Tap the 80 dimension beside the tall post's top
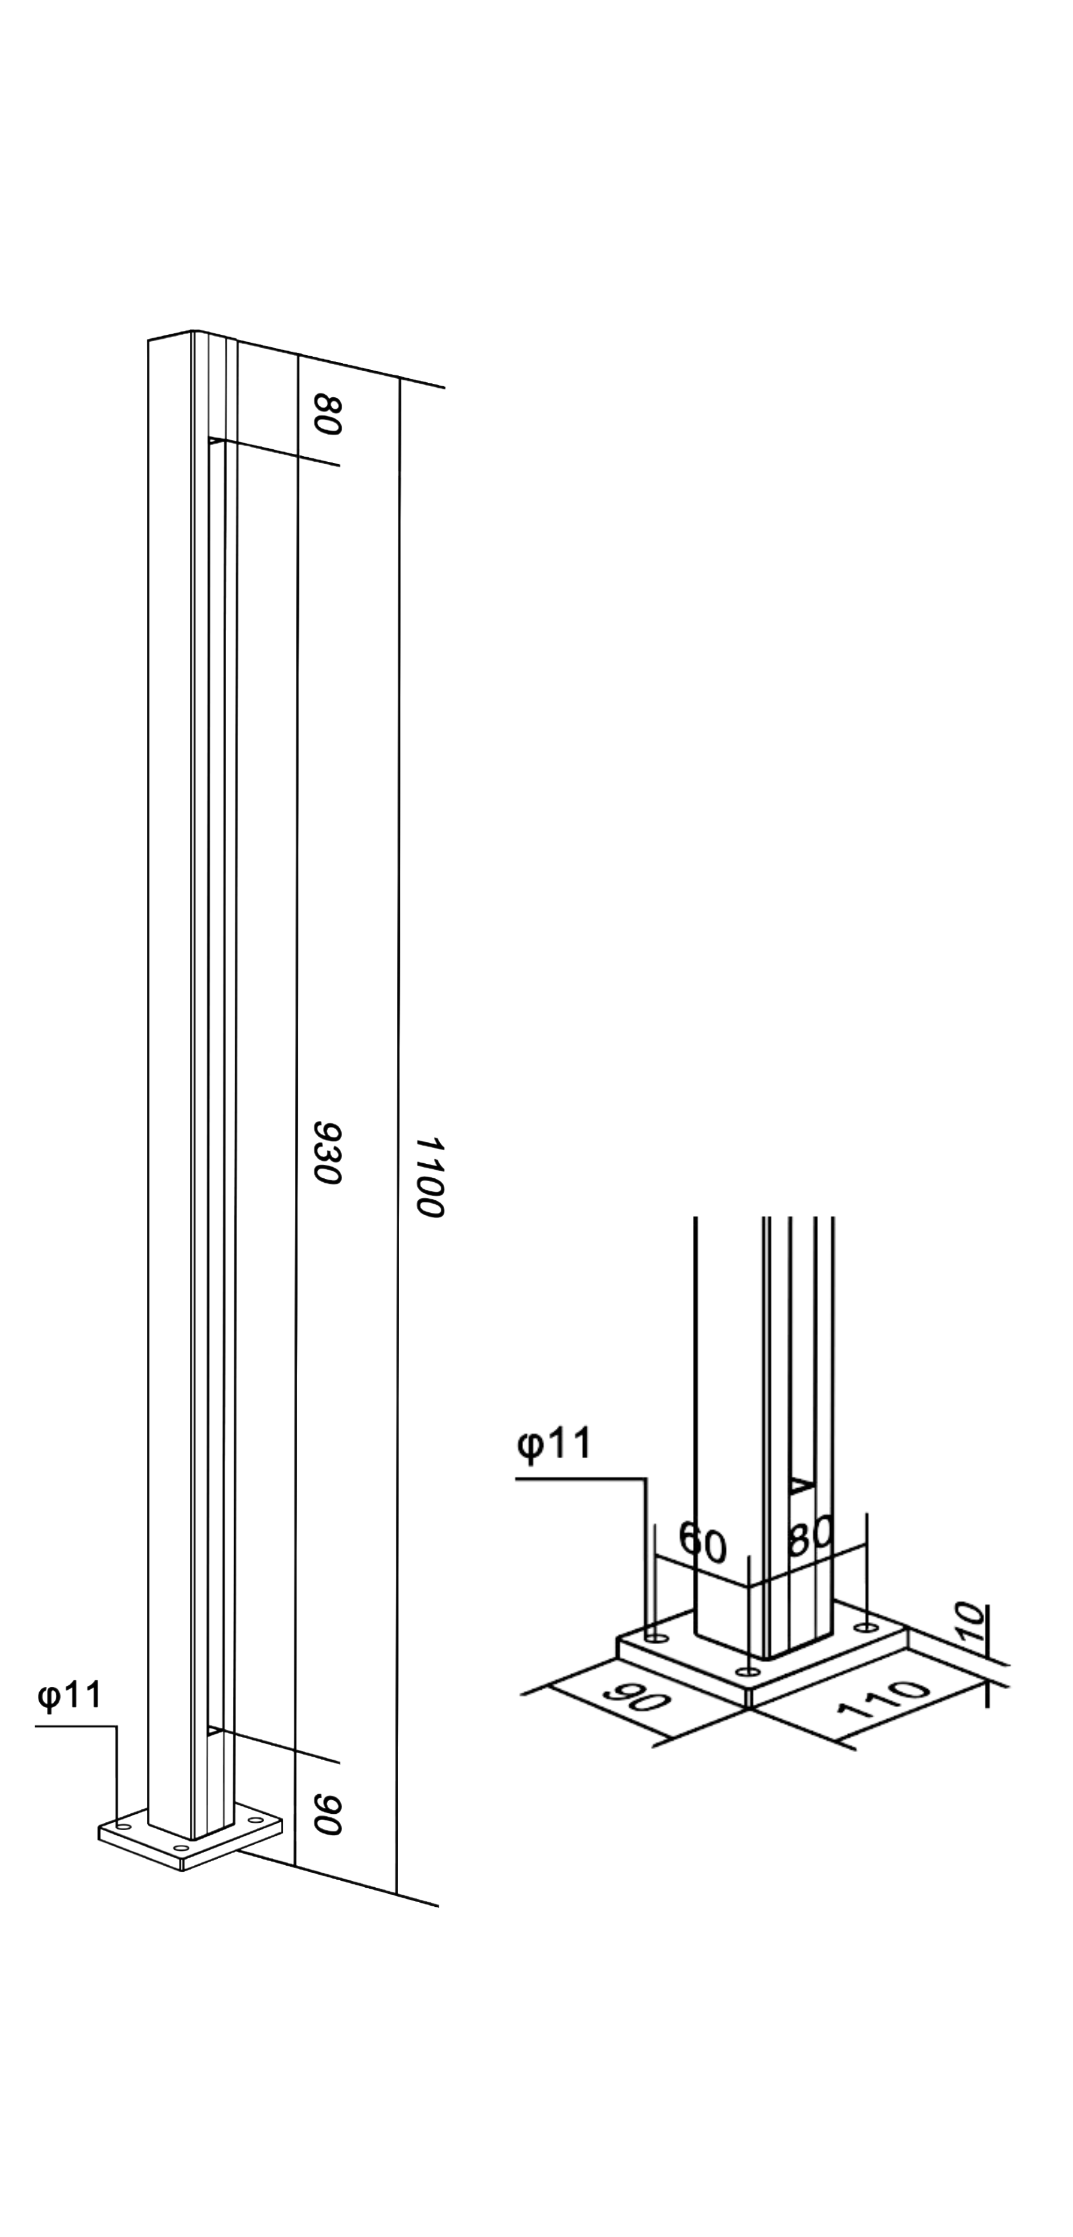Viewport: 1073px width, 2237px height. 327,414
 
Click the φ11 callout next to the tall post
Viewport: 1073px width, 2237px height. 69,1694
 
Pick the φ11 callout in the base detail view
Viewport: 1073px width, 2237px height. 554,1443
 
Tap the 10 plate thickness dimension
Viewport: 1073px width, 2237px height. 973,1622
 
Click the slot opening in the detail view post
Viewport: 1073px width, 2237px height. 802,1487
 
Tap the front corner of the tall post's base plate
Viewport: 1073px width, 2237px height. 182,1868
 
